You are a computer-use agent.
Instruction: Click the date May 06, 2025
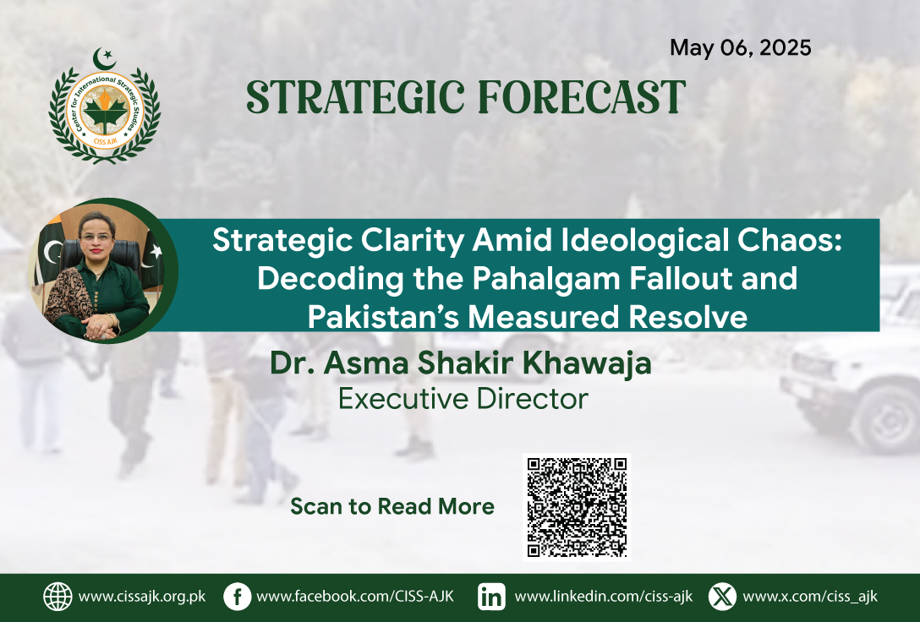741,47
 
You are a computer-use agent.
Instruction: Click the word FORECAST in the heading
582,96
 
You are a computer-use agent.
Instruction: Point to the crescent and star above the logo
105,58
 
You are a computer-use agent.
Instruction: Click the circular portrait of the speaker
102,270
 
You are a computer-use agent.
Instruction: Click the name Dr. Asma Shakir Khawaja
461,363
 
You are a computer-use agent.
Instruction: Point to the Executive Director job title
463,399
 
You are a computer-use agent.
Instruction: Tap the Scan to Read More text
392,506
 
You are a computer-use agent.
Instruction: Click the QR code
577,507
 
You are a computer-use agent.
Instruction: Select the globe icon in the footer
58,597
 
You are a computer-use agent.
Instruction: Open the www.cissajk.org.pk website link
142,597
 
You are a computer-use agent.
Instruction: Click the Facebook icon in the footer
238,597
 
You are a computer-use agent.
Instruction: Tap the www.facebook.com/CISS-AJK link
355,597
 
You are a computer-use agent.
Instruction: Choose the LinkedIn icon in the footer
491,597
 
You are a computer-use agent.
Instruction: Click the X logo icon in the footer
722,597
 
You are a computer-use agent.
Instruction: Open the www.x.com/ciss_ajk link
810,597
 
